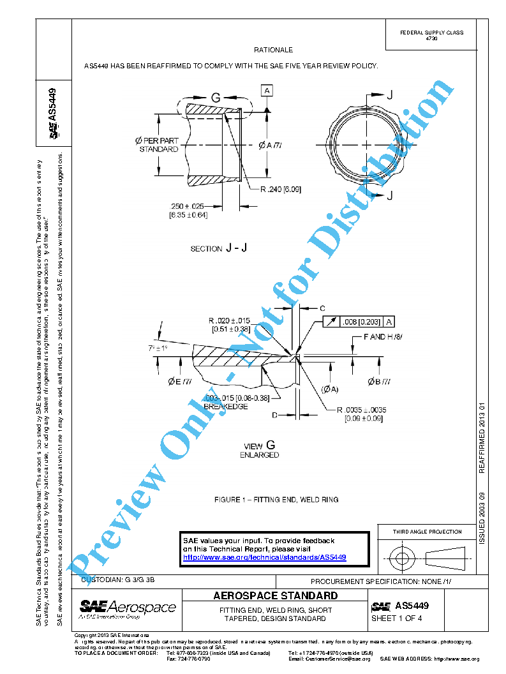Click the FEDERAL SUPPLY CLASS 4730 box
pos(431,35)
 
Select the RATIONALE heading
pos(273,50)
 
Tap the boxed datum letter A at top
pos(266,91)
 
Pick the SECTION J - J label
pos(215,248)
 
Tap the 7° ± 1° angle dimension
pos(156,348)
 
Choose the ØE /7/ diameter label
pos(180,382)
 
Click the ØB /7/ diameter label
pos(380,382)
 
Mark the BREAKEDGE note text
pos(225,406)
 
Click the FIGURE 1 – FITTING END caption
pos(276,499)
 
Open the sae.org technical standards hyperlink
pos(264,557)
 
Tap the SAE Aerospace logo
pos(127,608)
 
